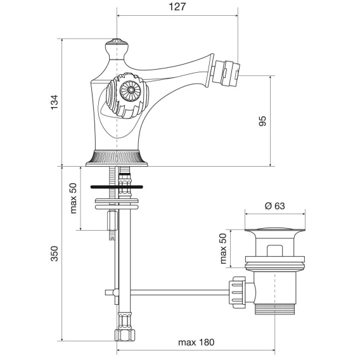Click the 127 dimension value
[x=177, y=7]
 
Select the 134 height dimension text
[x=55, y=102]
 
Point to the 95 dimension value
[x=262, y=121]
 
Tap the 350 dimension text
[x=55, y=254]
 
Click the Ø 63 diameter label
[x=275, y=206]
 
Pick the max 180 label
[x=196, y=342]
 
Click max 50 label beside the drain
[x=223, y=248]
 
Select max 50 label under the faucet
[x=74, y=198]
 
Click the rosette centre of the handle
[x=131, y=90]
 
